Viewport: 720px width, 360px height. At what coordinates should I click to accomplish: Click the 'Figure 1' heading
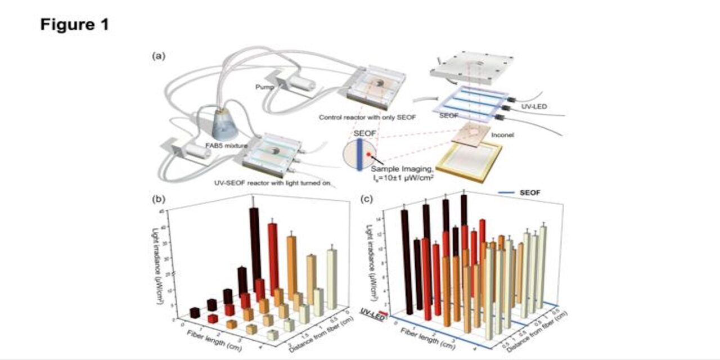tap(74, 25)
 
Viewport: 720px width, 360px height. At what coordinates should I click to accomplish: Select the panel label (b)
tap(159, 199)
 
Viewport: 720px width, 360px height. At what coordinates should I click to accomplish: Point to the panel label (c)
tap(367, 199)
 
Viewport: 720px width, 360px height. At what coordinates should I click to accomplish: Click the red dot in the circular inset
tap(368, 153)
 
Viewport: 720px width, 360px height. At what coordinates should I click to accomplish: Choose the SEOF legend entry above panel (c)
tap(525, 193)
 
